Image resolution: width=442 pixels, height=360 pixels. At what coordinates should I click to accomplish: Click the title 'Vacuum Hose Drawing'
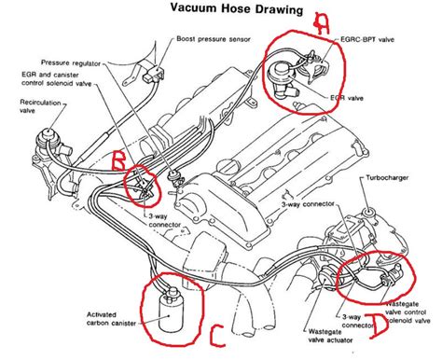point(237,8)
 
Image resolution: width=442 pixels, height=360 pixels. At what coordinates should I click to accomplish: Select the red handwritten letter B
point(118,160)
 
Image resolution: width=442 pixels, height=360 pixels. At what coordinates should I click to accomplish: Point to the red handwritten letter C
point(217,336)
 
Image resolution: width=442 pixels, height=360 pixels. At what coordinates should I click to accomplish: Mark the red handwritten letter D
point(379,325)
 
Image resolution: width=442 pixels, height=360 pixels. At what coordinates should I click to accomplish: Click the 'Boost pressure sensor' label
point(214,39)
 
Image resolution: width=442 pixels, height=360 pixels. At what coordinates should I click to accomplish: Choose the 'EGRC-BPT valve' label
point(367,39)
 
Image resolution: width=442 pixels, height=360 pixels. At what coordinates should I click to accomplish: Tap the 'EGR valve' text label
point(347,98)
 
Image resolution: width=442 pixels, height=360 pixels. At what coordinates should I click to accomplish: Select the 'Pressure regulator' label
point(71,63)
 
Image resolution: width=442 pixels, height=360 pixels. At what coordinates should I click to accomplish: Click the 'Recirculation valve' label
point(40,106)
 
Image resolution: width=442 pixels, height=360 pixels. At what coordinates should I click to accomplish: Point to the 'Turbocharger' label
point(387,178)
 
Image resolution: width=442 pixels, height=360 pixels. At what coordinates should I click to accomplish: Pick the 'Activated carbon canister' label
point(111,319)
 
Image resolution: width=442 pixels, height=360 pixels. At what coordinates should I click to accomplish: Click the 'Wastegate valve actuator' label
point(330,336)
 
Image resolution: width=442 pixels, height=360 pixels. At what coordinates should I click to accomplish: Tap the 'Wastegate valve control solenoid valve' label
point(407,312)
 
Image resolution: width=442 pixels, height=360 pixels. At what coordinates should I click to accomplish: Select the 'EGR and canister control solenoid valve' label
point(57,79)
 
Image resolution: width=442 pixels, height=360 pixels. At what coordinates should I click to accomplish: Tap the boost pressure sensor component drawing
point(154,74)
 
